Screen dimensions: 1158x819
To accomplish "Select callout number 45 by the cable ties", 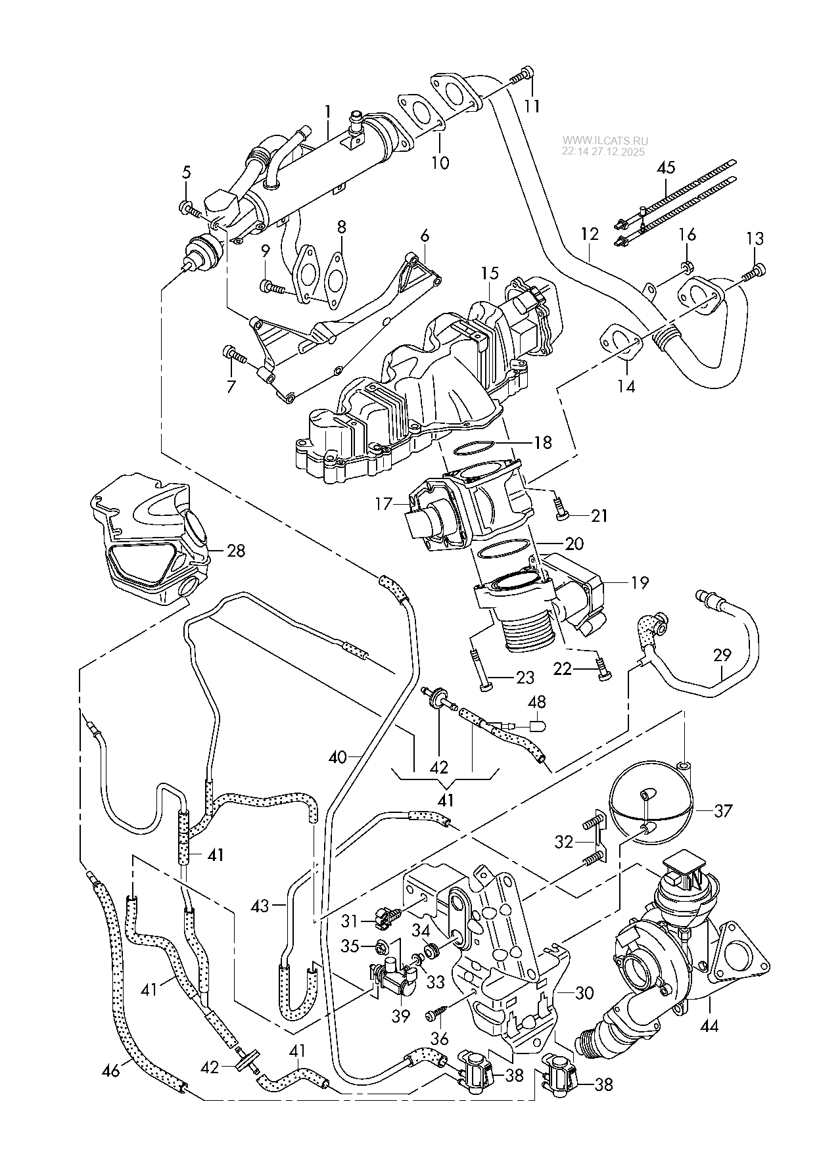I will [665, 168].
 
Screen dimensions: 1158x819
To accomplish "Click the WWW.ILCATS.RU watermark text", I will [605, 141].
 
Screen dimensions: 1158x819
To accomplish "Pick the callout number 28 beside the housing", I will [235, 550].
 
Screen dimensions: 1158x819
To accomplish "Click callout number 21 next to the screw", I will [599, 516].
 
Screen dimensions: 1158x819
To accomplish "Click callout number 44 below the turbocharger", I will [713, 1025].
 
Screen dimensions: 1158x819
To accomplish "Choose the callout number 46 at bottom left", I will [112, 1071].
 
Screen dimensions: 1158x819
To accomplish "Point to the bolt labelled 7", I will [233, 356].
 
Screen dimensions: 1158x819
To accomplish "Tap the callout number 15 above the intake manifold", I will [490, 273].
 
